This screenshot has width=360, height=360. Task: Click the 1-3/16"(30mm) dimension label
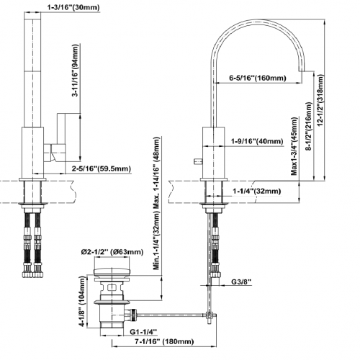(73, 7)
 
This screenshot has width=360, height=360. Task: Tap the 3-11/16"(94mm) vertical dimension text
(76, 71)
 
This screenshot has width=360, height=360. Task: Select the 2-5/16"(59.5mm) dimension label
(102, 168)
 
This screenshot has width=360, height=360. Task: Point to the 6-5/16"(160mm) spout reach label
(258, 78)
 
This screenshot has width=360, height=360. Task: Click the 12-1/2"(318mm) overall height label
(320, 100)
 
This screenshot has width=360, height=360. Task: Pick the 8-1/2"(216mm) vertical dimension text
(308, 127)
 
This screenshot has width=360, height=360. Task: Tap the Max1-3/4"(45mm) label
(294, 146)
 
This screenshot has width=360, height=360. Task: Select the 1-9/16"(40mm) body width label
(257, 141)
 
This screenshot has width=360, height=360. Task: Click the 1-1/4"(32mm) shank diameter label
(256, 191)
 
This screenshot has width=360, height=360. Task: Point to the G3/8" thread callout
(241, 282)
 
